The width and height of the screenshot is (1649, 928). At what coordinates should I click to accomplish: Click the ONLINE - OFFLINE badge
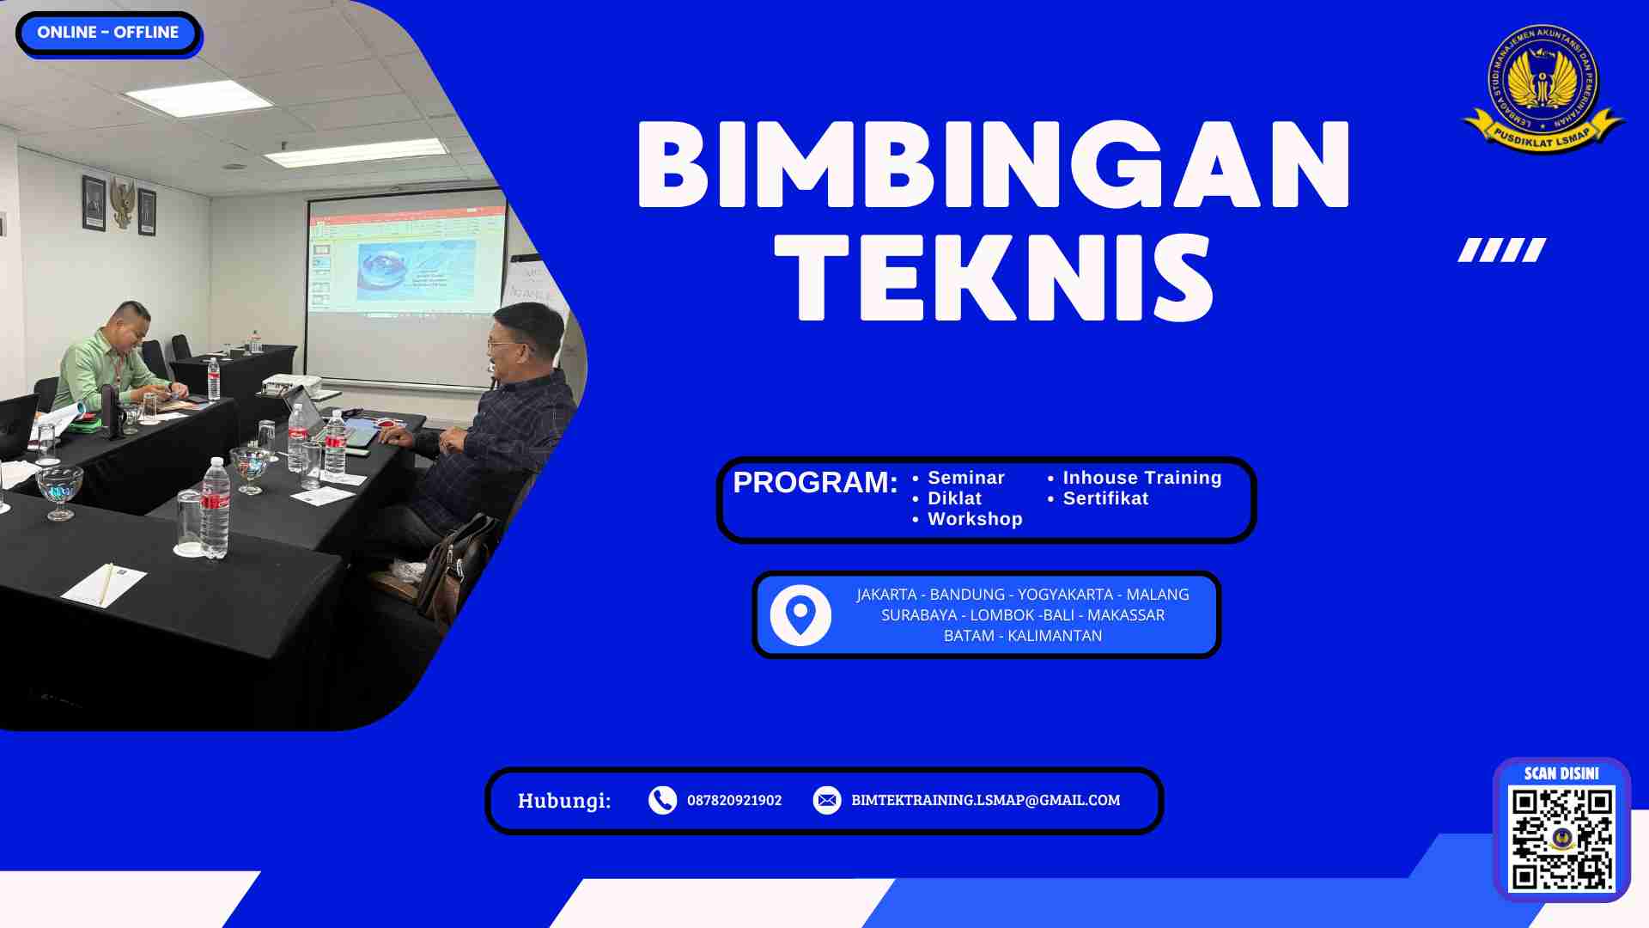[x=108, y=33]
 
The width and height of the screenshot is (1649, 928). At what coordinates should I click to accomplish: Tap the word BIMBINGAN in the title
[x=994, y=165]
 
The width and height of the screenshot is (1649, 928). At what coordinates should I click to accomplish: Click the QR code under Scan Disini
[x=1561, y=839]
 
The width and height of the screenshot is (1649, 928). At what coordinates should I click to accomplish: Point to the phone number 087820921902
[x=734, y=800]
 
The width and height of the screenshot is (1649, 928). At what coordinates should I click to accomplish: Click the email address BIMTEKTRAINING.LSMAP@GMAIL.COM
[x=985, y=800]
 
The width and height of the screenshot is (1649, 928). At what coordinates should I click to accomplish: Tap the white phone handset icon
[x=662, y=800]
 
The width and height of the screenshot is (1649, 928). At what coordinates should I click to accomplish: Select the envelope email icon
[x=827, y=800]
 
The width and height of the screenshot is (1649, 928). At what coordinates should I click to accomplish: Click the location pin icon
[x=800, y=615]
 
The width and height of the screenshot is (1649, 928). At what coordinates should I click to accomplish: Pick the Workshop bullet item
[x=975, y=519]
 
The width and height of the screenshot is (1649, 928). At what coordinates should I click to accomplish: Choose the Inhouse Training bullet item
[x=1141, y=478]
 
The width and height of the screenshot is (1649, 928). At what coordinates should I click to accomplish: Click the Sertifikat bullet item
[x=1105, y=498]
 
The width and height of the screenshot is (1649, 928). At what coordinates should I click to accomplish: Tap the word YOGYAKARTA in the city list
[x=1065, y=595]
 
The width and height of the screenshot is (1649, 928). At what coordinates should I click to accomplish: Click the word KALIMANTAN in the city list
[x=1055, y=636]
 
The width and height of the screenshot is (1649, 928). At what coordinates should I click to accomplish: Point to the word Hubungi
[x=564, y=801]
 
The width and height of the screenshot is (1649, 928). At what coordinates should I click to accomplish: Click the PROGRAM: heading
[x=815, y=483]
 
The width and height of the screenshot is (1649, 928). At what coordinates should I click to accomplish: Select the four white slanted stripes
[x=1502, y=250]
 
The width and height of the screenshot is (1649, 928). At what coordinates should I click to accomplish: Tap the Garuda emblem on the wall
[x=122, y=203]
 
